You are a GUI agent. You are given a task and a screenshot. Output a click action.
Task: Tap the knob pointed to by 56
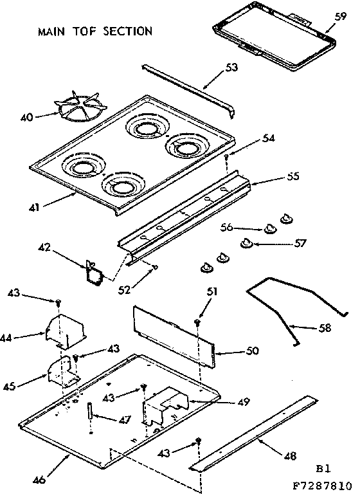click(268, 228)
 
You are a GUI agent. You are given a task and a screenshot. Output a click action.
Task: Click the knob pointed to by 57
click(246, 242)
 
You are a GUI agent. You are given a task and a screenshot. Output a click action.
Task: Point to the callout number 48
click(289, 456)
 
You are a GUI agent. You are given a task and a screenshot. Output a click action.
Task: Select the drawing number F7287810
click(323, 486)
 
